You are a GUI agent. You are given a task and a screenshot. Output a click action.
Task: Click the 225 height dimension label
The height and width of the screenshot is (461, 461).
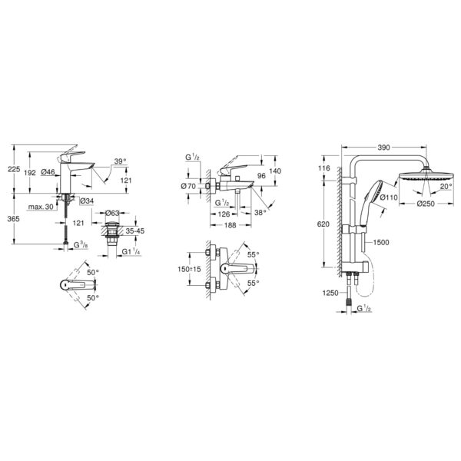click(x=14, y=169)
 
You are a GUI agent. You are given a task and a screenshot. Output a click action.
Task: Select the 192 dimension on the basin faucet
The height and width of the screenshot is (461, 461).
click(x=30, y=173)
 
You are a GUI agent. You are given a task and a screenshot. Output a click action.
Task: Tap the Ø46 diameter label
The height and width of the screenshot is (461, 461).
click(x=48, y=172)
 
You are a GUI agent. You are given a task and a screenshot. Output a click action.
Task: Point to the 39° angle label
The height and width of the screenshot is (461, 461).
click(x=120, y=161)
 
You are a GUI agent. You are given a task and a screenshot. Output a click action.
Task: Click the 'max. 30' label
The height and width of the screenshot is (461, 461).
click(x=41, y=207)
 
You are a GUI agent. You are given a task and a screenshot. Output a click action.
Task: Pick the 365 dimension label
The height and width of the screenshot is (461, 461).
click(x=14, y=219)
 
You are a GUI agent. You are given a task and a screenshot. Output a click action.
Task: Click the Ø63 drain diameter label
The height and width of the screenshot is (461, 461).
click(x=112, y=213)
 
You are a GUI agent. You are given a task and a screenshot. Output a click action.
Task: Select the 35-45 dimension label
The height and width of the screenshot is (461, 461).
click(x=135, y=231)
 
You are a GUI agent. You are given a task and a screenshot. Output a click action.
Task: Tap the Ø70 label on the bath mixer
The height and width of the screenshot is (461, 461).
click(x=188, y=186)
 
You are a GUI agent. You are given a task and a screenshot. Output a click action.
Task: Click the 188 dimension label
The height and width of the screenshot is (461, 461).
click(x=230, y=225)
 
